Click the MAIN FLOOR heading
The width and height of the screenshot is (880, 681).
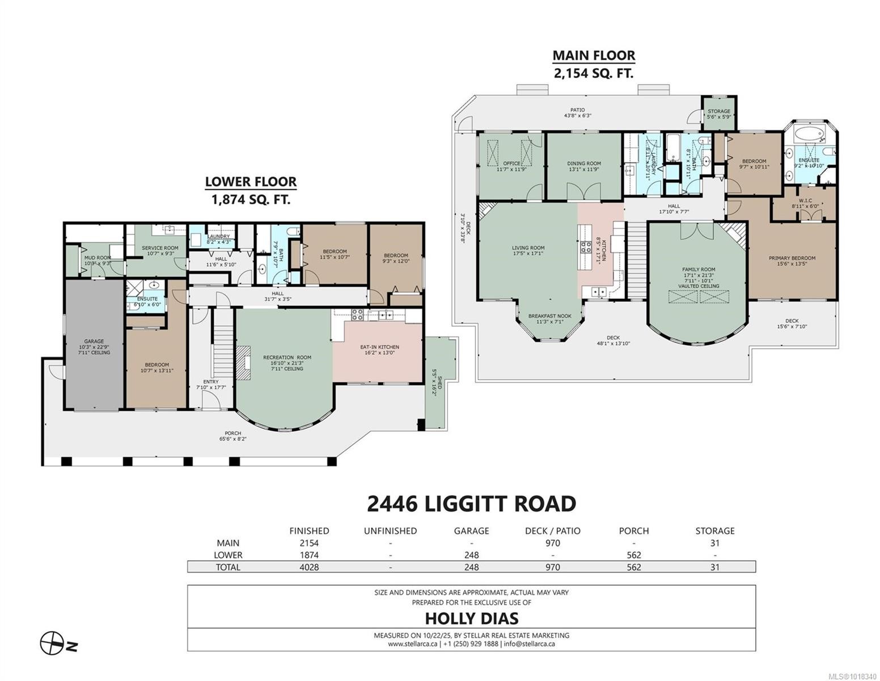pyautogui.click(x=594, y=56)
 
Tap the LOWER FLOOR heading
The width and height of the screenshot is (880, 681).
pyautogui.click(x=251, y=182)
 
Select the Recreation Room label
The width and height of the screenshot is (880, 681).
pyautogui.click(x=287, y=358)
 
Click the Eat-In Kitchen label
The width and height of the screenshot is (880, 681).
pyautogui.click(x=379, y=347)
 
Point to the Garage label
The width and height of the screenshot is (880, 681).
pyautogui.click(x=94, y=342)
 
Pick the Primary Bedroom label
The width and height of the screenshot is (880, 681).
pyautogui.click(x=792, y=258)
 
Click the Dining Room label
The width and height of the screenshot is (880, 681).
pyautogui.click(x=584, y=163)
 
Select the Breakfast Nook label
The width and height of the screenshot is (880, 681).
pyautogui.click(x=549, y=316)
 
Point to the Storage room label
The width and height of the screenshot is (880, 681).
pyautogui.click(x=718, y=111)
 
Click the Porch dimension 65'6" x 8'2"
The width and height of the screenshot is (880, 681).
pyautogui.click(x=233, y=439)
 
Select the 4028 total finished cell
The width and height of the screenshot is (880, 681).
pyautogui.click(x=308, y=567)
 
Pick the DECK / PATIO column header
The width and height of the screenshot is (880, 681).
pyautogui.click(x=552, y=531)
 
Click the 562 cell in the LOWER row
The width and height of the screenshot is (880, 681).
pyautogui.click(x=633, y=555)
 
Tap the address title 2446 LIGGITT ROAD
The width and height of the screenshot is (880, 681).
pyautogui.click(x=471, y=503)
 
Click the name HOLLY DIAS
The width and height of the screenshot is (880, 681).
pyautogui.click(x=471, y=617)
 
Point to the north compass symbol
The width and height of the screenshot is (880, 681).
pyautogui.click(x=52, y=643)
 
